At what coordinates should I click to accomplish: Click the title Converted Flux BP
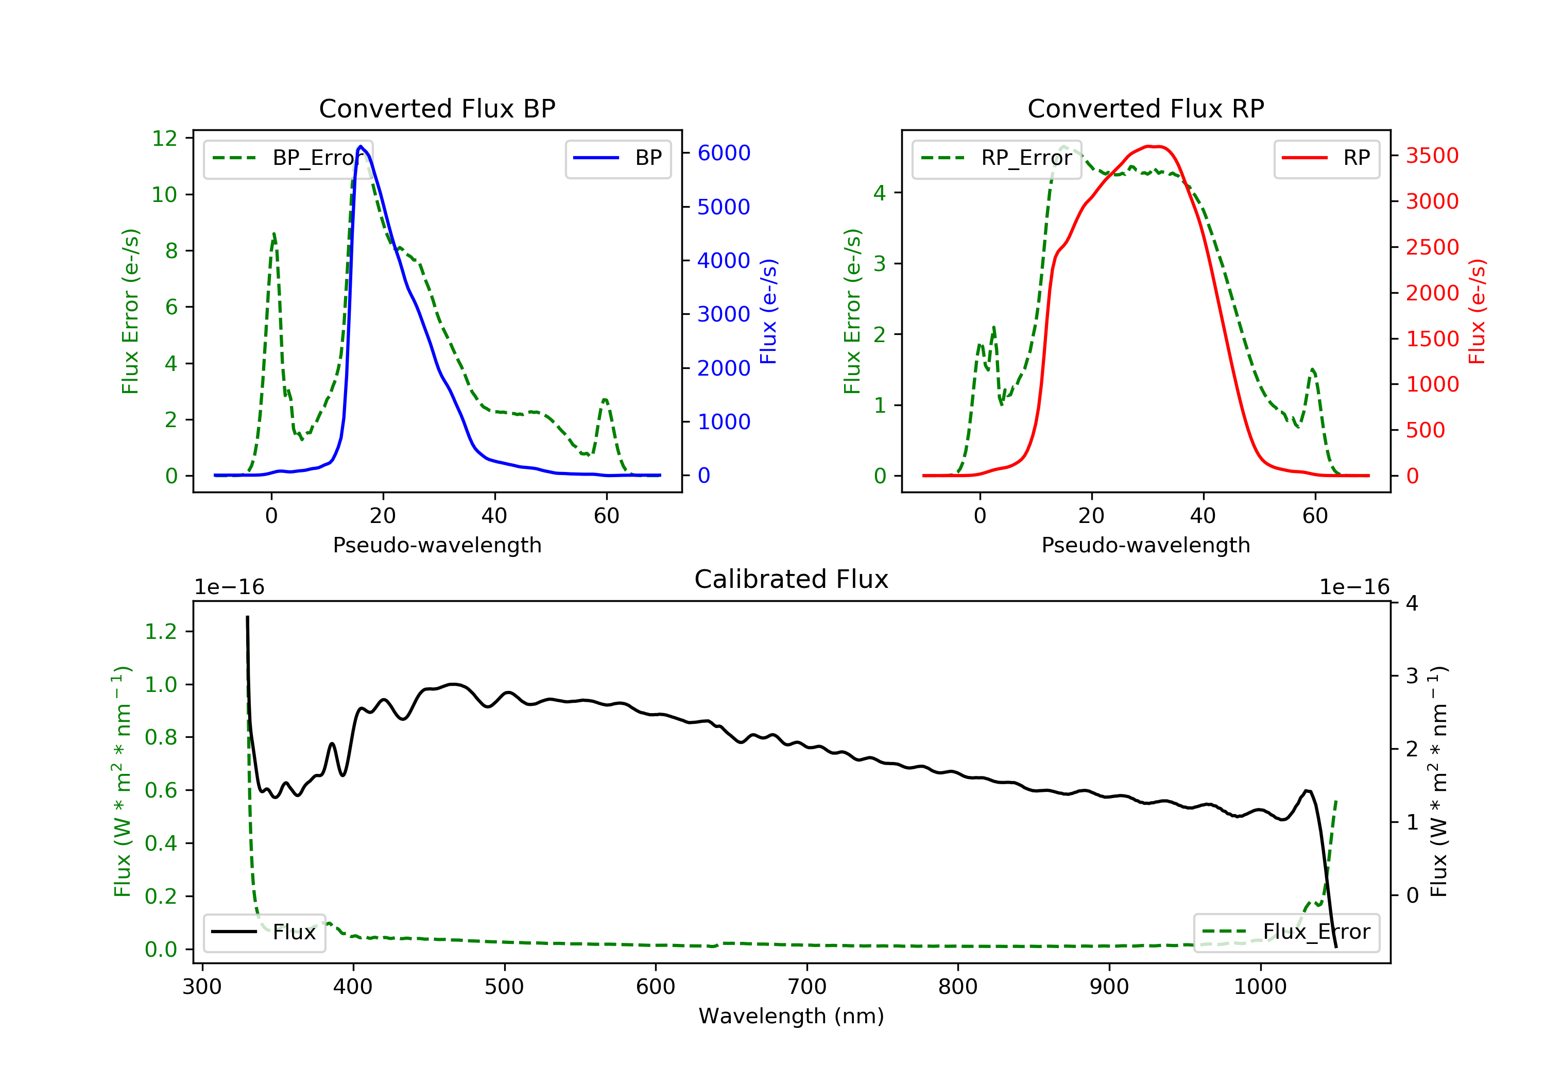pos(437,108)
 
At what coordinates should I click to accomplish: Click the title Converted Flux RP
pos(1146,108)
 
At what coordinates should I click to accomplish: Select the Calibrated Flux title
pos(792,579)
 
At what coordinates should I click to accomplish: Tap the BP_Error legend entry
pos(288,158)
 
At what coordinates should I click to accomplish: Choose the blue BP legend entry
pos(617,158)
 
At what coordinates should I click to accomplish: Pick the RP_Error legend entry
pos(997,158)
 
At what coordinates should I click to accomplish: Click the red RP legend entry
pos(1326,158)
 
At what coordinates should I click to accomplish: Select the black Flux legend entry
pos(264,933)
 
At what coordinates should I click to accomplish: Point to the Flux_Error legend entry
pos(1286,933)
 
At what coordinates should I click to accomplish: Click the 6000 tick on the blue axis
pos(724,153)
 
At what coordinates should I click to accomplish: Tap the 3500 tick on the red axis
pos(1432,156)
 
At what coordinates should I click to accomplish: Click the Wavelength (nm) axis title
pos(792,1016)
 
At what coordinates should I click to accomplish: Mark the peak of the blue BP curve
pos(360,146)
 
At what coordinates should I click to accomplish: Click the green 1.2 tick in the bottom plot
pos(161,632)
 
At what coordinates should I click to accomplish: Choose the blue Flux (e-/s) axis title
pos(768,311)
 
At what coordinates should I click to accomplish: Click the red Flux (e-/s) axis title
pos(1477,311)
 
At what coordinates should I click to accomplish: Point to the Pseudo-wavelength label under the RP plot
pos(1146,545)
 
